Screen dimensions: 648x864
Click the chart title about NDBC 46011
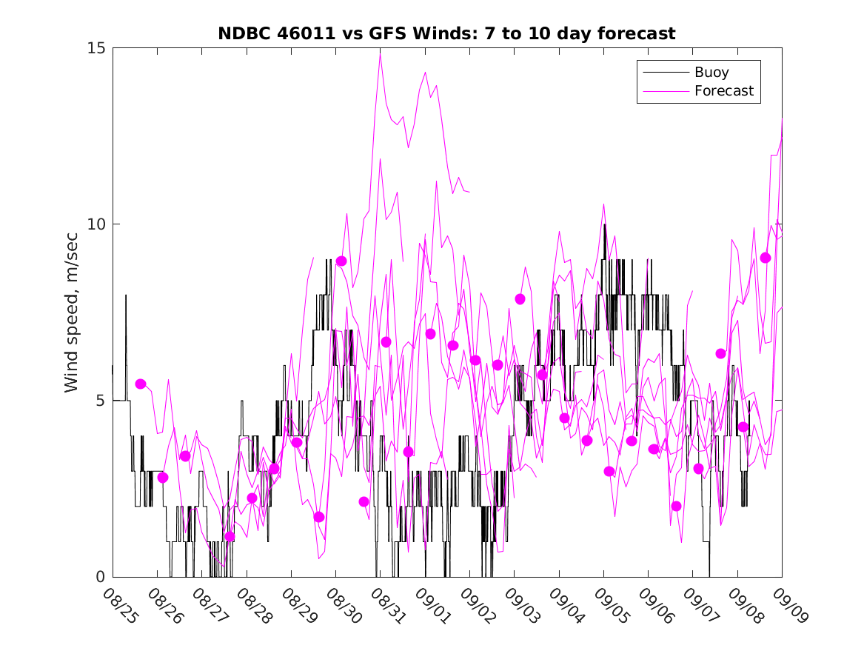click(x=446, y=34)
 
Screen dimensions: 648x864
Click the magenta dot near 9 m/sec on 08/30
click(x=341, y=261)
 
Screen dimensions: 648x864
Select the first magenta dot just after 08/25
click(x=141, y=384)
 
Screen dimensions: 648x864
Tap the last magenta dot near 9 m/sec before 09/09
click(x=766, y=258)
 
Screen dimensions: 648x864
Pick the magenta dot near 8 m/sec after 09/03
click(x=520, y=299)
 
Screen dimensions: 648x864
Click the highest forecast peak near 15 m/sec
click(x=381, y=53)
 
